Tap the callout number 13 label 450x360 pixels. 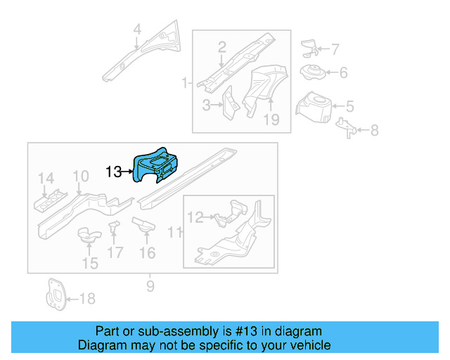114,171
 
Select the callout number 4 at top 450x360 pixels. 137,30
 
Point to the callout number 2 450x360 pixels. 221,48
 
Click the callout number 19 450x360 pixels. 271,120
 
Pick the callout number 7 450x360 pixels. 335,49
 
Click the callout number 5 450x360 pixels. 349,107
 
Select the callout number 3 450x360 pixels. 207,105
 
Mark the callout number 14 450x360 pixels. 46,177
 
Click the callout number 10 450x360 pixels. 81,176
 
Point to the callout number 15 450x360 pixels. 90,264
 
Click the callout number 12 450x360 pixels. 195,218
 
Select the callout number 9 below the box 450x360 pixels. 150,285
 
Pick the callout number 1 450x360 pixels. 185,84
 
